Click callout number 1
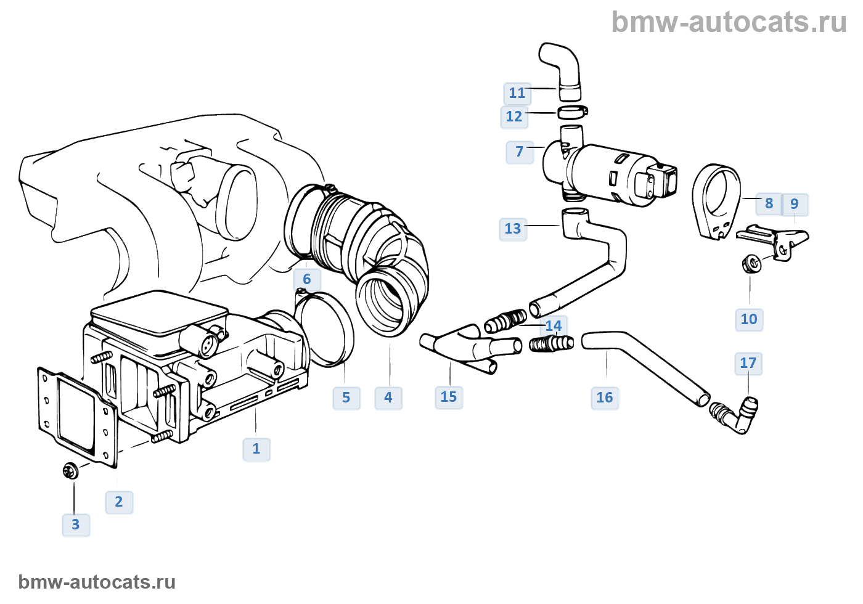(256, 449)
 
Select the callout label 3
(76, 524)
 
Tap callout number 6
(307, 279)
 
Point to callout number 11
(517, 93)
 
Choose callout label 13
(513, 229)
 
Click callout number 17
(748, 363)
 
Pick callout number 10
(749, 319)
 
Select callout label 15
(449, 397)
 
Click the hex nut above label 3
(70, 471)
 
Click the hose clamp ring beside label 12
(573, 112)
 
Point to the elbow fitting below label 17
(737, 416)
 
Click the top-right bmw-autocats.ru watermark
(729, 22)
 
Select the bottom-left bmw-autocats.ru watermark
(97, 582)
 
